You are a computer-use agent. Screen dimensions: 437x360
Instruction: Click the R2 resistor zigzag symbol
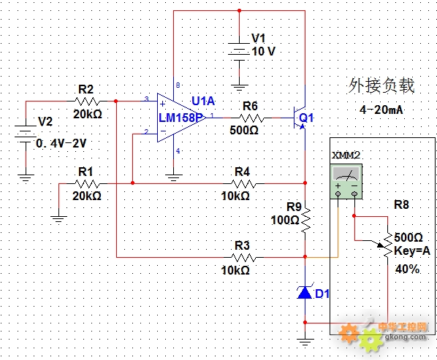tap(87, 102)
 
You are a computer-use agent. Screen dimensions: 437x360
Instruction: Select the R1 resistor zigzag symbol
tap(87, 184)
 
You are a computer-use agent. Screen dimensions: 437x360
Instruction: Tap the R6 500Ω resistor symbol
tap(251, 118)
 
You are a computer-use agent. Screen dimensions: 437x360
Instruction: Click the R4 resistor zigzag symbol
tap(243, 184)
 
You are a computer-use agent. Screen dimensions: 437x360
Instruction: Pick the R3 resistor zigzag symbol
tap(243, 258)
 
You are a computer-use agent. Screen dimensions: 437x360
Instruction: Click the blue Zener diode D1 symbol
tap(305, 292)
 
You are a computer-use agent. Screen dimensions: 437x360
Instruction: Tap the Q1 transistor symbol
tap(300, 118)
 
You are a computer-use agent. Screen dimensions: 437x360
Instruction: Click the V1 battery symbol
tap(239, 52)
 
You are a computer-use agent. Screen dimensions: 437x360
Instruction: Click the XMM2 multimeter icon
tap(346, 181)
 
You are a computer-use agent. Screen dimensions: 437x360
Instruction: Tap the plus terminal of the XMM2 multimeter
tap(338, 194)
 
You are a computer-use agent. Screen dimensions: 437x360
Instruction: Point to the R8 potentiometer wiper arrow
tap(381, 245)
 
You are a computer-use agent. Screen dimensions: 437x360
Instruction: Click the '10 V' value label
tap(263, 51)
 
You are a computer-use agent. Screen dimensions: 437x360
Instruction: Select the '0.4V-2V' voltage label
tap(61, 143)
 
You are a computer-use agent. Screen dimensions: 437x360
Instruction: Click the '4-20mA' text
tap(381, 110)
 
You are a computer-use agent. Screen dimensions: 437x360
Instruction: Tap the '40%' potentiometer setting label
tap(407, 269)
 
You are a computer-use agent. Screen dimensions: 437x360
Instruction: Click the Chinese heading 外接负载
tap(381, 85)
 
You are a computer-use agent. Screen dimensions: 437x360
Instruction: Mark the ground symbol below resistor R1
tap(58, 219)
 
